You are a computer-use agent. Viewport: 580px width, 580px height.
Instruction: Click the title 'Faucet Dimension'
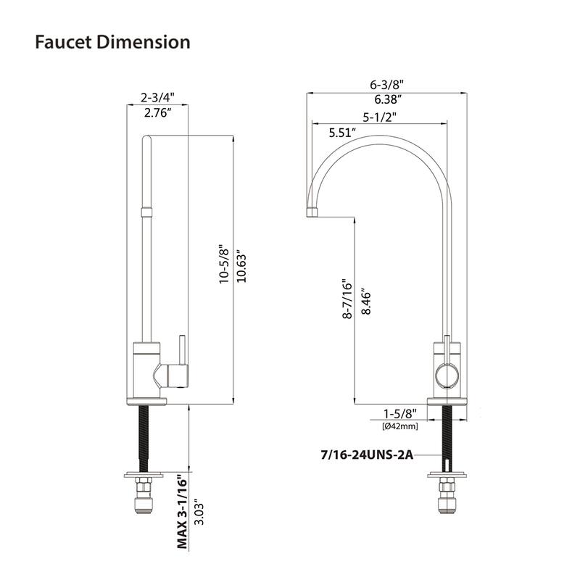tap(112, 42)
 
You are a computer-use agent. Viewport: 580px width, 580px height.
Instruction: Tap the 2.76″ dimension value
tap(158, 112)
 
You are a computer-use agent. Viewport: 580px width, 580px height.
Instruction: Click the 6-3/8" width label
tap(386, 84)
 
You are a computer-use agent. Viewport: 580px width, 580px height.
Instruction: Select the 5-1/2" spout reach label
tap(380, 116)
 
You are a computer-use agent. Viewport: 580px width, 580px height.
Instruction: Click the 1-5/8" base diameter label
tap(399, 414)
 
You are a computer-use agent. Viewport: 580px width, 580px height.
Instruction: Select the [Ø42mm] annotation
tap(399, 426)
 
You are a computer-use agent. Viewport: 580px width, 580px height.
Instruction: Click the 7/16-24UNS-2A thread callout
tap(366, 455)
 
